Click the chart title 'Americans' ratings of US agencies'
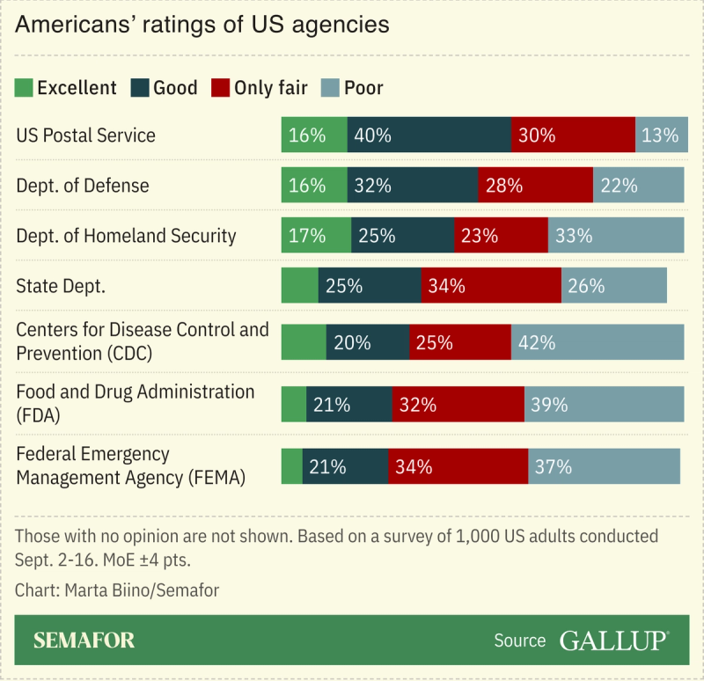coord(202,24)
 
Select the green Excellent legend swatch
coord(25,87)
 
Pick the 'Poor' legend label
coord(363,87)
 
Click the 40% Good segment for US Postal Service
coord(429,135)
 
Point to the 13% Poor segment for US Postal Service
coord(661,135)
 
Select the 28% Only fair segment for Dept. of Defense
coord(535,186)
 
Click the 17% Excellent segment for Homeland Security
coord(315,236)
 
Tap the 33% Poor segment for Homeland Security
coord(615,236)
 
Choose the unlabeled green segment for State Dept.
coord(299,286)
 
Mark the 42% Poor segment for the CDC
coord(597,342)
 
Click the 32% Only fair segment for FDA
coord(458,405)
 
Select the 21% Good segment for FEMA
coord(345,466)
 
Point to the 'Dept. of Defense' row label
coord(83,186)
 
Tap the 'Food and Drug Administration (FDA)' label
coord(135,404)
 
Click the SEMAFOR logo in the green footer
coord(84,641)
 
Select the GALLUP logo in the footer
coord(612,641)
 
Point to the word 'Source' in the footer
coord(519,641)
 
